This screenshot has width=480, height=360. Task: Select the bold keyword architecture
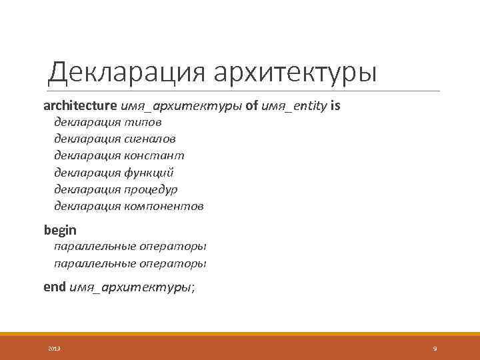[81, 106]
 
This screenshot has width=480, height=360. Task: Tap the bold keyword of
[252, 106]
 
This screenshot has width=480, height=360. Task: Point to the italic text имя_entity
[294, 106]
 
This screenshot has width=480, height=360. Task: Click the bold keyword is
[335, 106]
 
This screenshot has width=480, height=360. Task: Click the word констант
[154, 155]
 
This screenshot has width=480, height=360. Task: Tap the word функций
[149, 172]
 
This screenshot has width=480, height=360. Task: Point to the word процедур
[151, 189]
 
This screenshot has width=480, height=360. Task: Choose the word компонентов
[164, 206]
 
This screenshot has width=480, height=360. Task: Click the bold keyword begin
[60, 230]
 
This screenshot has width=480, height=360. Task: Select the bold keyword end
[55, 287]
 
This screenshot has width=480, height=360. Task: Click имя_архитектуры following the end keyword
[131, 287]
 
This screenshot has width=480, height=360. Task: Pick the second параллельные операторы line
[130, 263]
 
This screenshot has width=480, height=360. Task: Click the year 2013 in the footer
[55, 349]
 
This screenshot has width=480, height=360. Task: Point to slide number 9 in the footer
[435, 349]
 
